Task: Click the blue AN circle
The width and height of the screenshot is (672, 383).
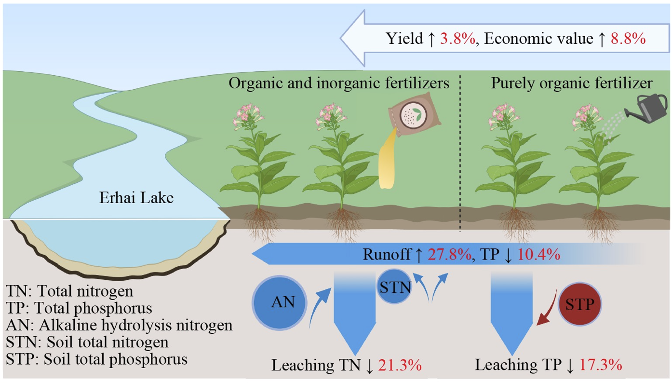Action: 279,302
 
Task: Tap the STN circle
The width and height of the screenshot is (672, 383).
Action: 395,288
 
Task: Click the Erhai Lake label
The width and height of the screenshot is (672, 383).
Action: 136,198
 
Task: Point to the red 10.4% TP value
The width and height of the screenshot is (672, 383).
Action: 538,254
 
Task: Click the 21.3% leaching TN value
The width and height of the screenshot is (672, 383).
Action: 400,366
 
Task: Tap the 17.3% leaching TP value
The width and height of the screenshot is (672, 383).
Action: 600,366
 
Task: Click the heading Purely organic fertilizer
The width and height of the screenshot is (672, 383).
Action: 572,83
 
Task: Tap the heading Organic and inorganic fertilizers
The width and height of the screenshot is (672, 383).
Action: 339,83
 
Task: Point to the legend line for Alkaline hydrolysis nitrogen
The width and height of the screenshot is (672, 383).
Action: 120,325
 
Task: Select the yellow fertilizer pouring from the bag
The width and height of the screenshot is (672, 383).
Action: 388,162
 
